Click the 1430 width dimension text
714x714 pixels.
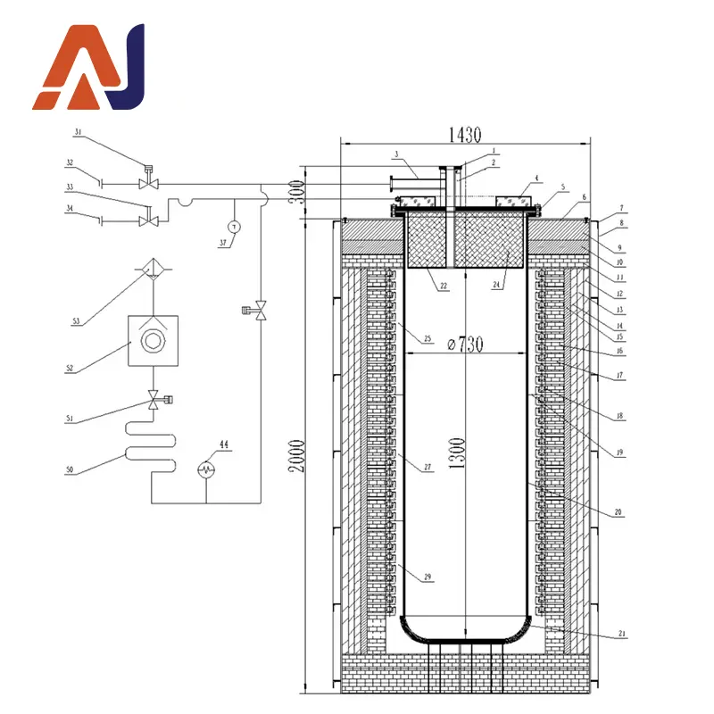[x=466, y=136]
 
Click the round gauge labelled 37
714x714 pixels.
[x=234, y=227]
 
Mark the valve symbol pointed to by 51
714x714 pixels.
[x=155, y=399]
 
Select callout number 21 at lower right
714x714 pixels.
[x=622, y=635]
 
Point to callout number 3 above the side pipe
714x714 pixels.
[x=395, y=154]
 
